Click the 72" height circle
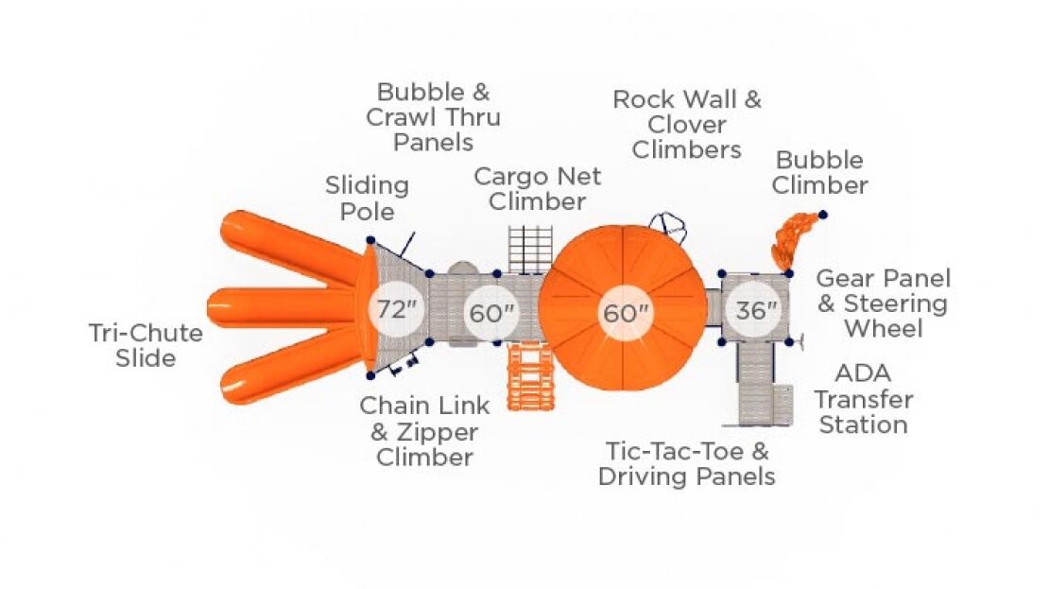[397, 310]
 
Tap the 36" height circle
[755, 310]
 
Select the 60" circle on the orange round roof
[624, 313]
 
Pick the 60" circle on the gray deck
[490, 313]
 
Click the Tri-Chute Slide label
[146, 345]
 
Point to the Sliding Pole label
[367, 197]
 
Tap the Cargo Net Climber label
[537, 188]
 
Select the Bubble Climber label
[819, 172]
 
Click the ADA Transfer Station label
[863, 399]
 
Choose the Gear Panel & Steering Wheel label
[883, 303]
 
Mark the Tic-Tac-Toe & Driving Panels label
[687, 463]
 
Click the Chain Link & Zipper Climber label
[424, 431]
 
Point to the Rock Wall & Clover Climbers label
[687, 124]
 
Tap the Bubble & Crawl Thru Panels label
[433, 117]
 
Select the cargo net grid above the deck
[528, 249]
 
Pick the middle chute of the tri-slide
[284, 309]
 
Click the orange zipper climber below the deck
[529, 376]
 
